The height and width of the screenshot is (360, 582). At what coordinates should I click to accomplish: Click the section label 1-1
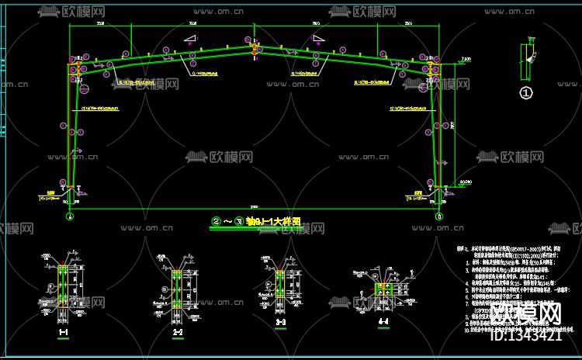point(64,332)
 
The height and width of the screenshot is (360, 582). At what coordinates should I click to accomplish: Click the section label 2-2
point(177,331)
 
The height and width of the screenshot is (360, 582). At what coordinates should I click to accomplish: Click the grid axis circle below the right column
point(439,216)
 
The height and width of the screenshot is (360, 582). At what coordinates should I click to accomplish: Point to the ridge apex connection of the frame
point(255,49)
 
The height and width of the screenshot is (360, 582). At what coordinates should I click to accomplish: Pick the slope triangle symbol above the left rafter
point(190,38)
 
